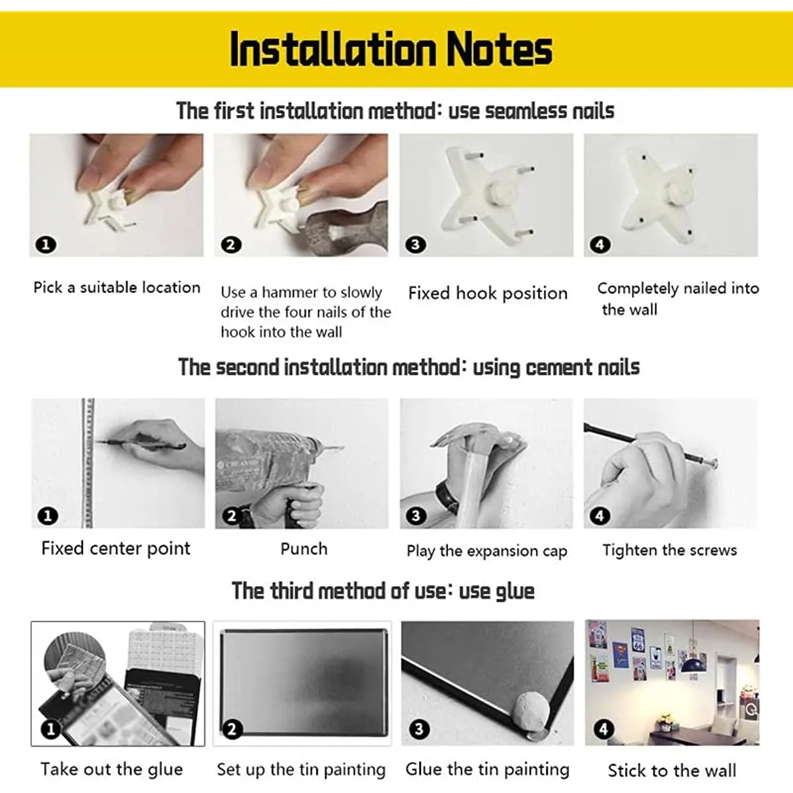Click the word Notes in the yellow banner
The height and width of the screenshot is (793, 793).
(x=499, y=50)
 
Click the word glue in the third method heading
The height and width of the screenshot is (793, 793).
(x=515, y=591)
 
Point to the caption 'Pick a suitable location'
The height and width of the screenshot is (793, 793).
(x=117, y=287)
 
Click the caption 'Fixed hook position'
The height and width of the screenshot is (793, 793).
(x=488, y=293)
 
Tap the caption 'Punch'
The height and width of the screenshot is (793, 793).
(x=304, y=548)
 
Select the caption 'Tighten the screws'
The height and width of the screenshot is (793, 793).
(x=669, y=550)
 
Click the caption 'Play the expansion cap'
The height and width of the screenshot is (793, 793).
(x=487, y=551)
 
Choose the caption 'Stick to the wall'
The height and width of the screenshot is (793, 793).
(x=672, y=771)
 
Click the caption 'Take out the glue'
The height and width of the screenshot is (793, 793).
(x=112, y=769)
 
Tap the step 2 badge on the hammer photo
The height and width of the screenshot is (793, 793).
(x=231, y=245)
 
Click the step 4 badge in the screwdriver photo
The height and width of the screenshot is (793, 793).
(x=599, y=515)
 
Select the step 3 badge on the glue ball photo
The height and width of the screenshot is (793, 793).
(x=419, y=729)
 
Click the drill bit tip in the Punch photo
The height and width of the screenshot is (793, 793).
(x=342, y=447)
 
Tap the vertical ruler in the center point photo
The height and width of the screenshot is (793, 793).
(x=87, y=463)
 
